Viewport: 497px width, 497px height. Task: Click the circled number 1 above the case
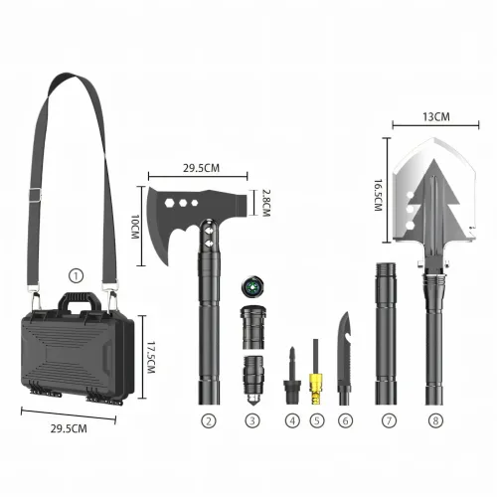[76, 276]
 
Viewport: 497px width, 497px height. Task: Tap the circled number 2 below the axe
[209, 420]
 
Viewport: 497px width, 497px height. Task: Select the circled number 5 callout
[317, 420]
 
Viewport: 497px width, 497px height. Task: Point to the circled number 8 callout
[435, 420]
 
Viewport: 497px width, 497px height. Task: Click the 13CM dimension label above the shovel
[436, 117]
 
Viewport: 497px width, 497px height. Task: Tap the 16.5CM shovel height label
[378, 195]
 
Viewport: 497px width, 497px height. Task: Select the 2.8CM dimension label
[266, 203]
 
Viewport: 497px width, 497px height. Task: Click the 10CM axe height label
[135, 227]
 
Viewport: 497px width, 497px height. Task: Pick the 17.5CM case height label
[151, 358]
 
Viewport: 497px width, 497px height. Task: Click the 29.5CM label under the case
[69, 428]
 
